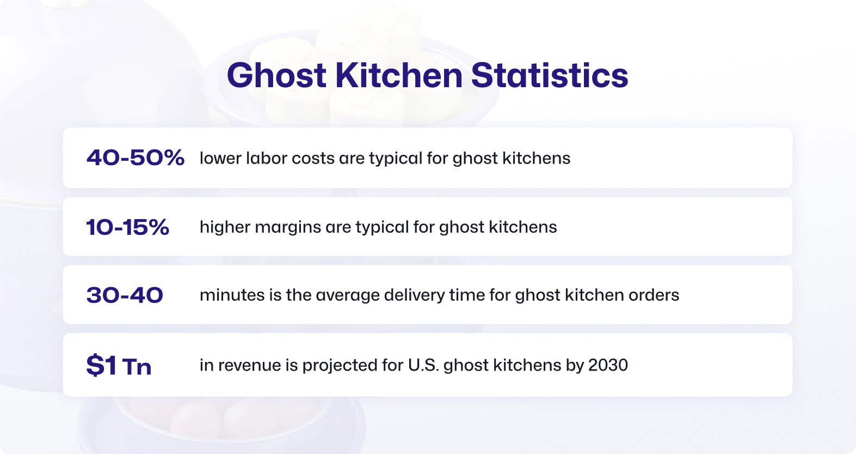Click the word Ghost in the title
(276, 75)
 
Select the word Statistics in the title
(550, 75)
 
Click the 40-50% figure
(136, 158)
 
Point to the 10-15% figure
(128, 227)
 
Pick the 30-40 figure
(125, 295)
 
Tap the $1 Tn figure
(119, 365)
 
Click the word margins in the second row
(287, 227)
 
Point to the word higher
(225, 227)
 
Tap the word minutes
(232, 295)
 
